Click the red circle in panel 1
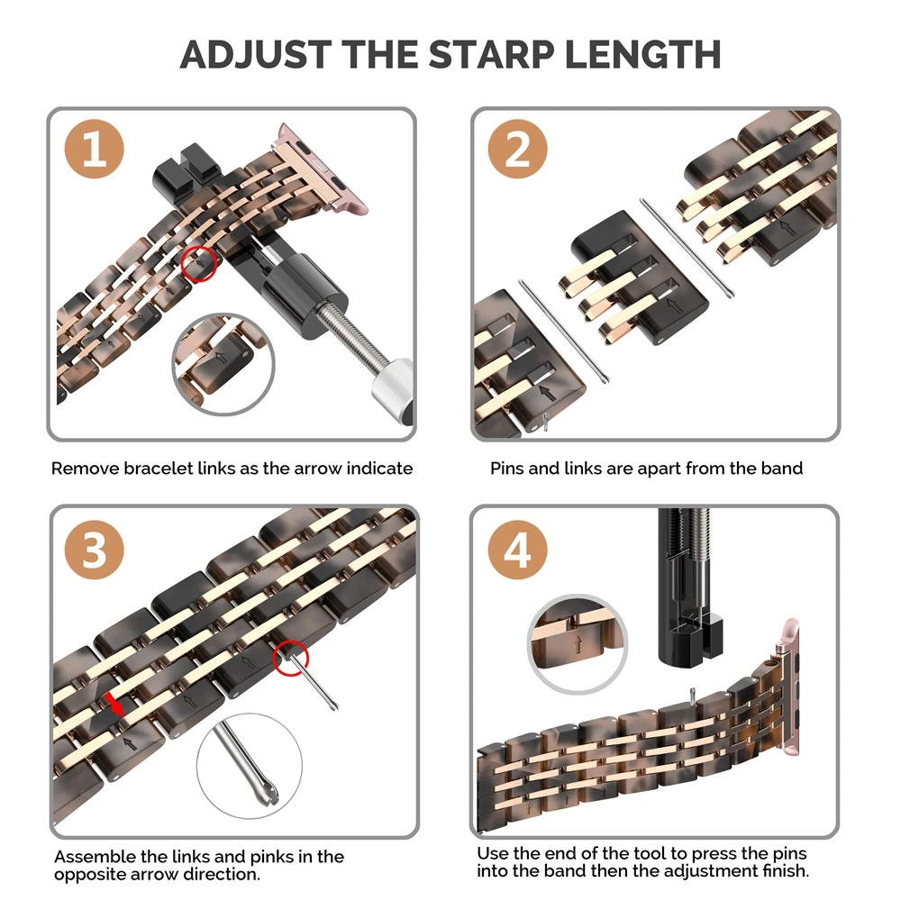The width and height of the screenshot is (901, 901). (x=199, y=263)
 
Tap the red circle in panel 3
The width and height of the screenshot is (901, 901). (x=291, y=658)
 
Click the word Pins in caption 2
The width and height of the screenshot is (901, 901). (x=509, y=469)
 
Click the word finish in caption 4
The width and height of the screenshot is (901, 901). (x=784, y=871)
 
